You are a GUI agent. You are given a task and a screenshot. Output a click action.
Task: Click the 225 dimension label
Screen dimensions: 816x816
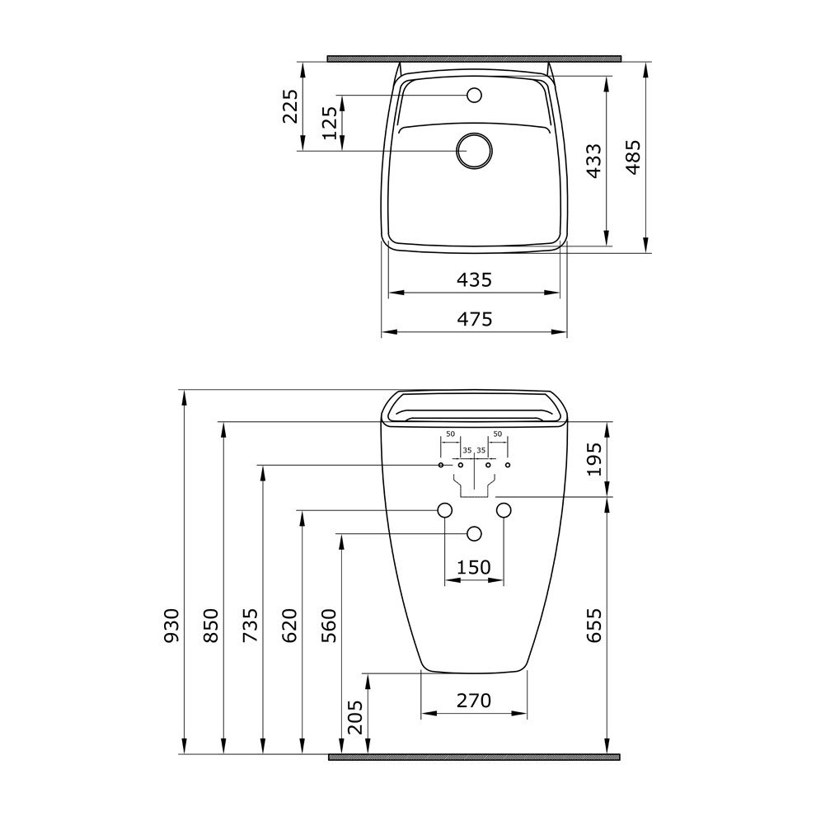pos(290,106)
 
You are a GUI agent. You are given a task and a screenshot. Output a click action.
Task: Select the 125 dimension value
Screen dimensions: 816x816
pos(331,124)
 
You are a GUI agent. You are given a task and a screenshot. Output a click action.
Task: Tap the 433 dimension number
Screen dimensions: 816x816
pos(593,162)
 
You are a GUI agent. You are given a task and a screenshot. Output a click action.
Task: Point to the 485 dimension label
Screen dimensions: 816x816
pos(633,157)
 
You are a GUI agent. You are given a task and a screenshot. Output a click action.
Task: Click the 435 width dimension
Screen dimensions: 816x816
pos(474,280)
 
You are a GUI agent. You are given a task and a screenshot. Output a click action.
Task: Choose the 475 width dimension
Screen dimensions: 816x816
pos(474,318)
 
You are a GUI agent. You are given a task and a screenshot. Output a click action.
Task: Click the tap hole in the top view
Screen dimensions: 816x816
pos(474,96)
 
